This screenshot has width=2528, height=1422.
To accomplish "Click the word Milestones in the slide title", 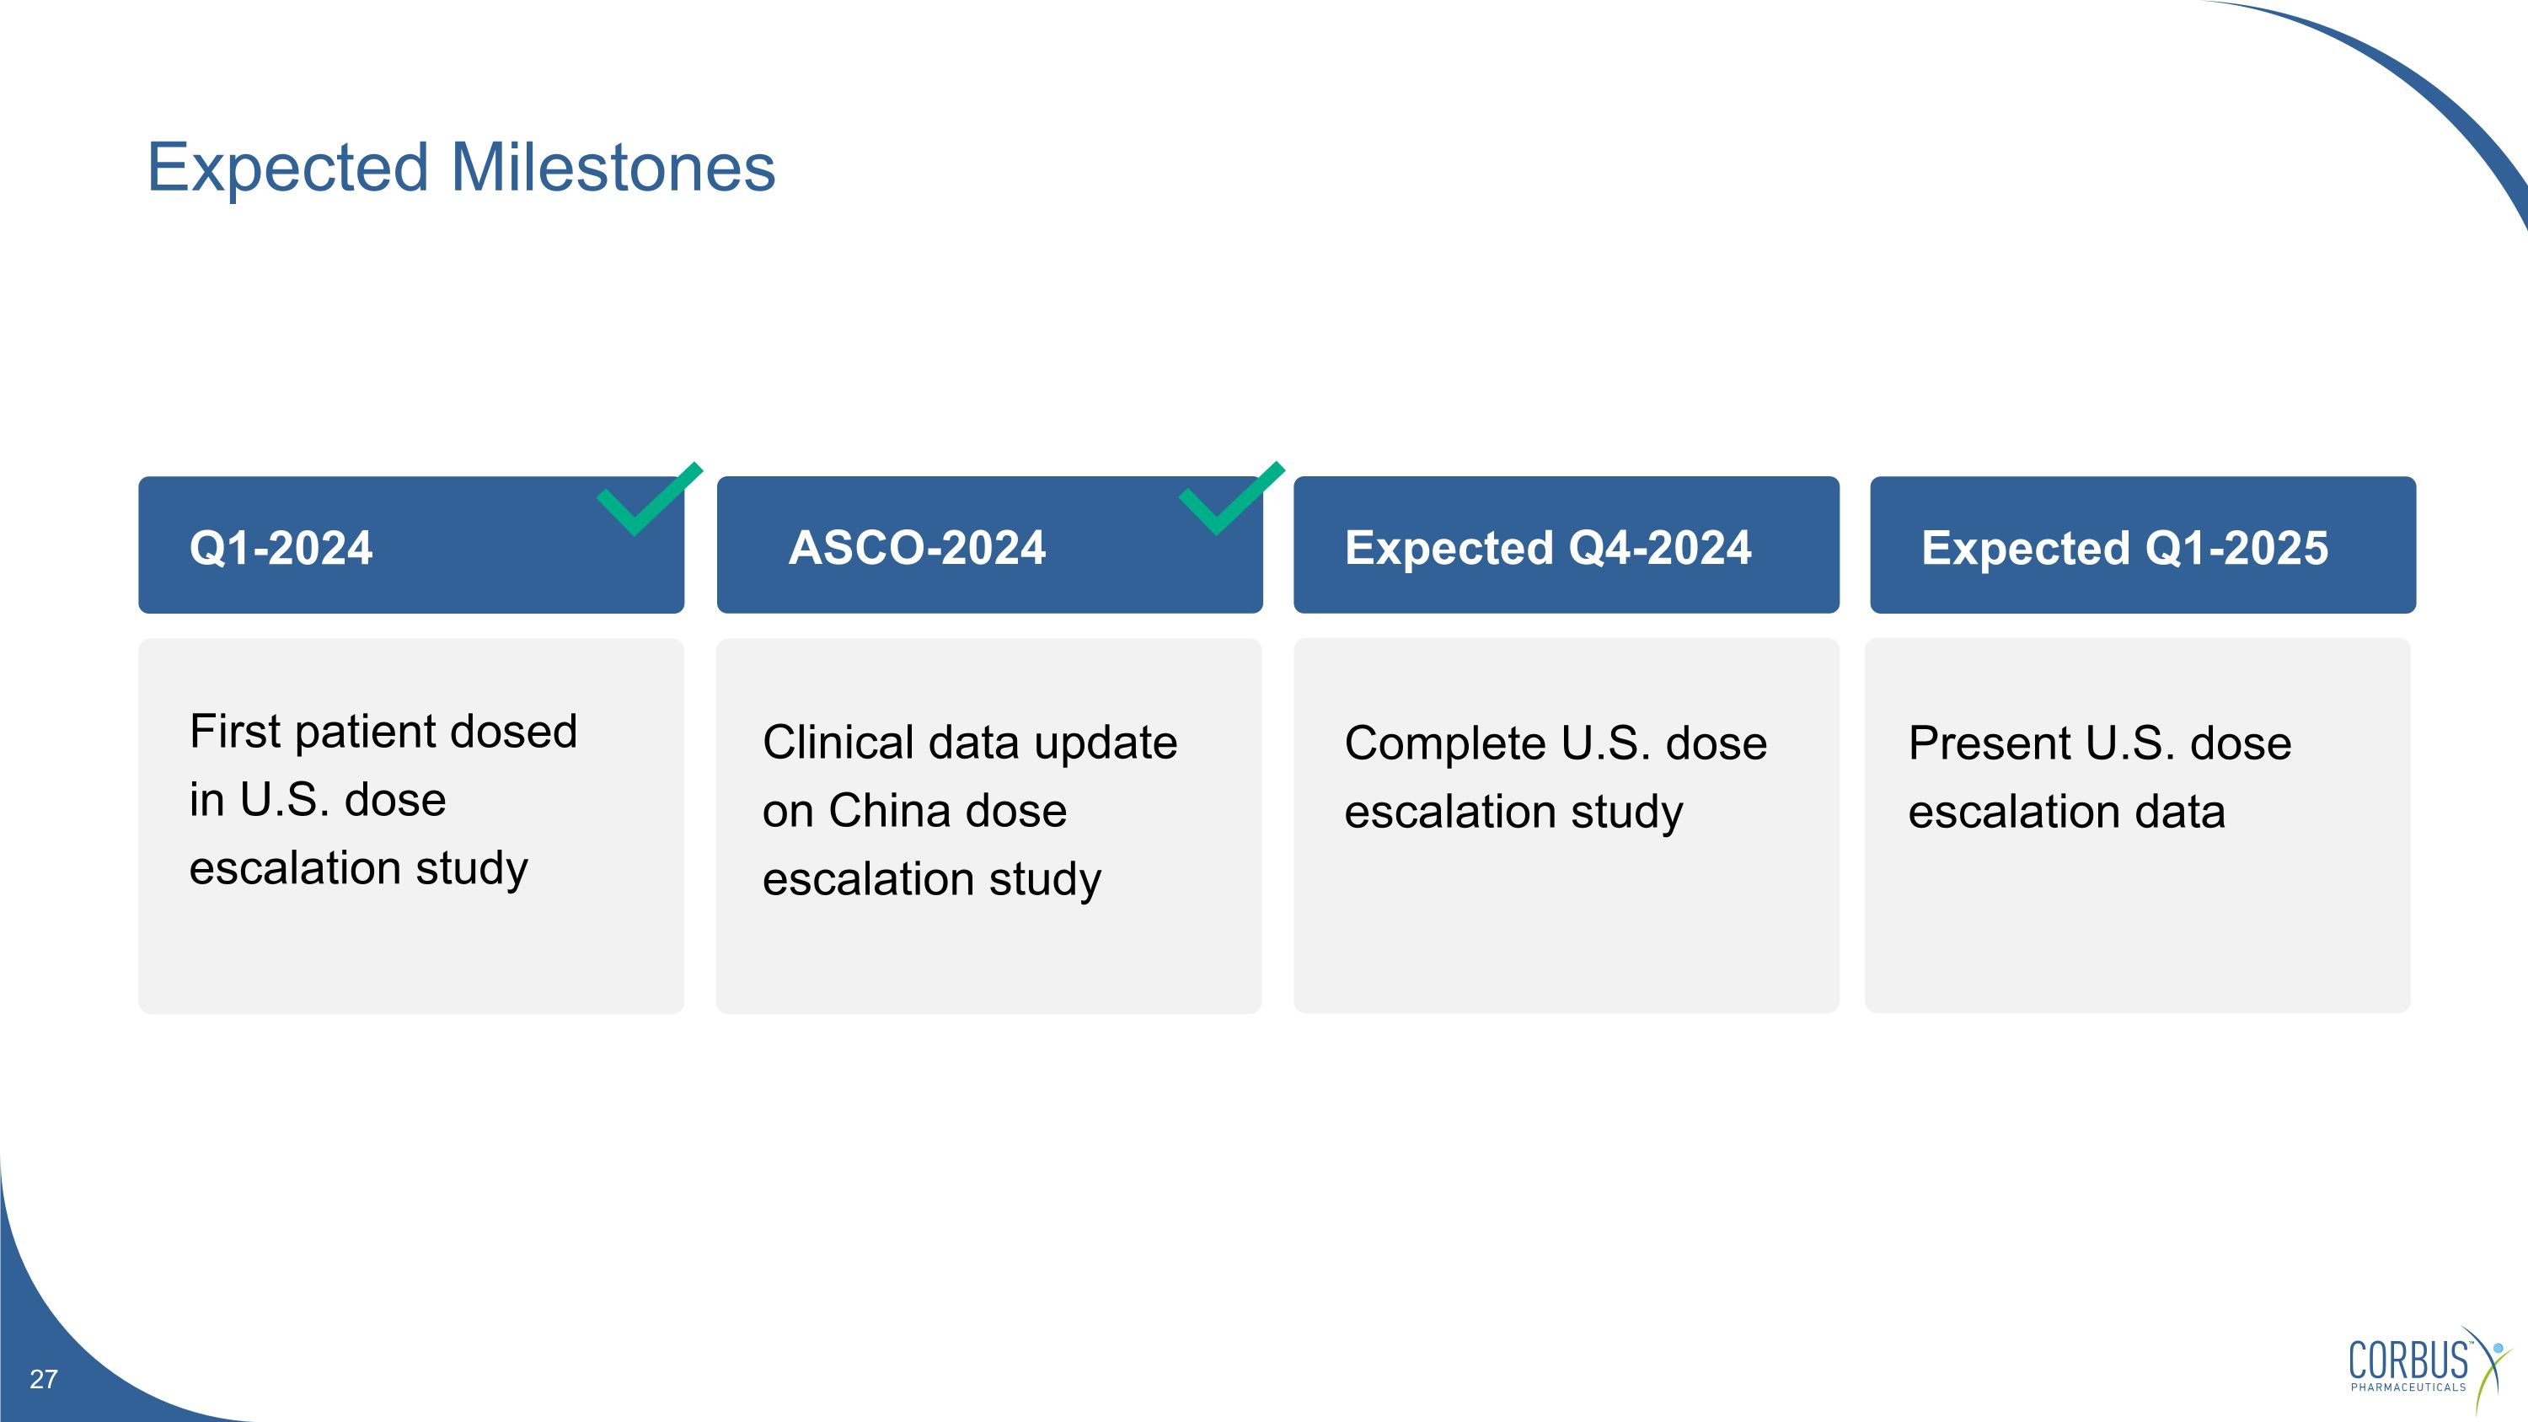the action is coord(613,167).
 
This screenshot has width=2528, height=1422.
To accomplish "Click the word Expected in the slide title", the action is coord(287,169).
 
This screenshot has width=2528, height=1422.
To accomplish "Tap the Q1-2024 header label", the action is coord(281,548).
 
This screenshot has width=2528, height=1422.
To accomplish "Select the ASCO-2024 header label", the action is coord(918,548).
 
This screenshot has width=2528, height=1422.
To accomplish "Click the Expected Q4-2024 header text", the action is coord(1548,548).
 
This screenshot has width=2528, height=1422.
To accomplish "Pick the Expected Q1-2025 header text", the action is coord(2124,548).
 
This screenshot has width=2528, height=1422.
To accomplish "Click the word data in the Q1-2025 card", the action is coord(2180,812).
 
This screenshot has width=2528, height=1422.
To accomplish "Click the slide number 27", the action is coord(43,1380).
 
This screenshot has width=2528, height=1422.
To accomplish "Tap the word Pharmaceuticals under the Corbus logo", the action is coord(2408,1387).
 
